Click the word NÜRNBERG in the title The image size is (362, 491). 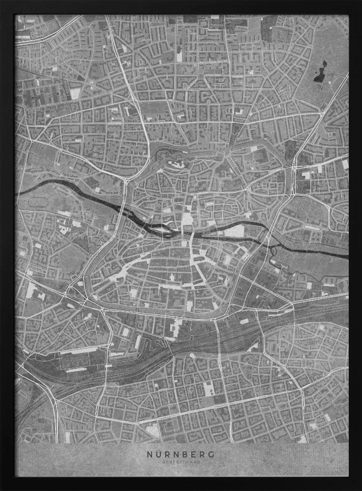pyautogui.click(x=181, y=454)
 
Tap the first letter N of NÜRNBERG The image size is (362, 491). pyautogui.click(x=150, y=454)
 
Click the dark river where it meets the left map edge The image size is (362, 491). pyautogui.click(x=20, y=191)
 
